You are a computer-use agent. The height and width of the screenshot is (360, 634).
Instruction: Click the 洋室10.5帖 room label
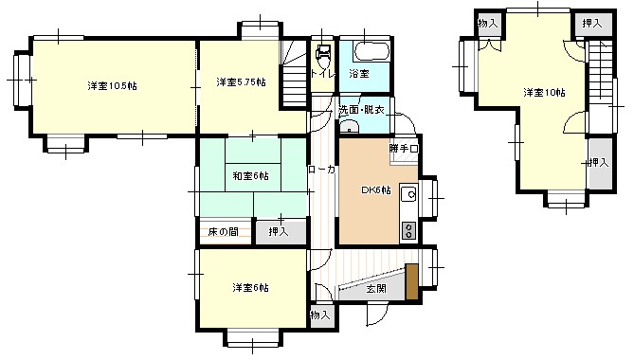point(112,86)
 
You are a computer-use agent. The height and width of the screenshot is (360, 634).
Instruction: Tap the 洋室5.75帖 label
point(240,81)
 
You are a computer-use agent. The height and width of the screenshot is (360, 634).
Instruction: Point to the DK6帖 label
point(376,190)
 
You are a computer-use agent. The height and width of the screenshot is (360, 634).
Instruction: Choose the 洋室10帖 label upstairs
point(544,93)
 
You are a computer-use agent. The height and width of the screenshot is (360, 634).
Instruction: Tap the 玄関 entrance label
point(375,289)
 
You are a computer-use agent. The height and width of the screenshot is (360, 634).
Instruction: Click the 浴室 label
point(359,73)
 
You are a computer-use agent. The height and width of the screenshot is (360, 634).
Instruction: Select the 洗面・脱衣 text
point(361,111)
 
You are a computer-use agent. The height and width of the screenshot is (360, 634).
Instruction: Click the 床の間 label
point(224,231)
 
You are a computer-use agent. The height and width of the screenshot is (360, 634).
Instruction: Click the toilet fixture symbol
point(324,56)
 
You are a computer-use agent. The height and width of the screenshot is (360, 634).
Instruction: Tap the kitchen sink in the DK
point(409,195)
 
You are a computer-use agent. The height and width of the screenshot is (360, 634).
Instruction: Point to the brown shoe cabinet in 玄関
point(411,282)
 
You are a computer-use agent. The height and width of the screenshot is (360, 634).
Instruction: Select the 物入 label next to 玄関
point(319,314)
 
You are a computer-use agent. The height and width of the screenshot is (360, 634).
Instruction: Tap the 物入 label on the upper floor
point(487,24)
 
